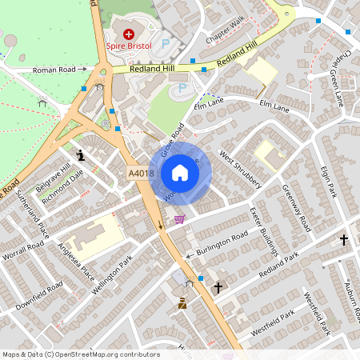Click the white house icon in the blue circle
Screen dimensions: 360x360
(180, 173)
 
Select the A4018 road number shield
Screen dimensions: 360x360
(140, 173)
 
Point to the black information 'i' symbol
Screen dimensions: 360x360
(80, 154)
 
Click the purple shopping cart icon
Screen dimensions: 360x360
(180, 218)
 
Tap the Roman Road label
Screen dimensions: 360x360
(54, 70)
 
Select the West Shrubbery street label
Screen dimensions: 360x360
(241, 170)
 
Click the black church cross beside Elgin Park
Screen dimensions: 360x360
(344, 239)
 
